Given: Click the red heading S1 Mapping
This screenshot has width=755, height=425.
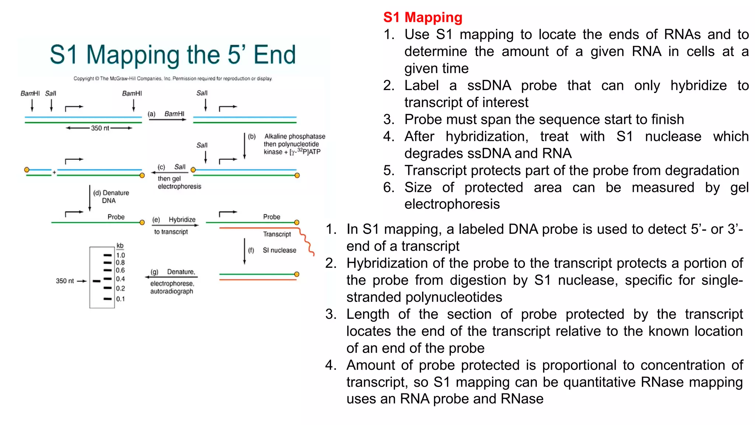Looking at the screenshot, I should point(422,17).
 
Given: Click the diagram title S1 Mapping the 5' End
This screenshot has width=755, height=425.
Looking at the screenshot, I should point(173,55).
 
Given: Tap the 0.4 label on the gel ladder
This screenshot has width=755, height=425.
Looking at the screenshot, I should point(120,279).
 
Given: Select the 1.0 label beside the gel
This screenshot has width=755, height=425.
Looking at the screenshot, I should point(121,255).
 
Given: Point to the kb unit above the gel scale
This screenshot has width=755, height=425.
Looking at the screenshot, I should point(120,246).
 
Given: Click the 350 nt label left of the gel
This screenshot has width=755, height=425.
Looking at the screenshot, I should point(65,281).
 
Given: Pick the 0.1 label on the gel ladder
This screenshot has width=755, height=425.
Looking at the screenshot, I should point(120,299).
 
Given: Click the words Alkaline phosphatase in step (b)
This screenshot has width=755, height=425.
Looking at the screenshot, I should point(295,137).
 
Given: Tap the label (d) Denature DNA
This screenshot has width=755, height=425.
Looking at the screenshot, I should point(111,197).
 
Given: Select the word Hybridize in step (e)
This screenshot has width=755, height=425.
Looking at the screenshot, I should point(182,220).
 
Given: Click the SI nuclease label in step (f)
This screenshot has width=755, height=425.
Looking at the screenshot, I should point(279,250).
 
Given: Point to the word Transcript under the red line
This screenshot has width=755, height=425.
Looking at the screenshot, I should point(277,234).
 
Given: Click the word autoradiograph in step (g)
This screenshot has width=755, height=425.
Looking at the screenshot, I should point(171,291).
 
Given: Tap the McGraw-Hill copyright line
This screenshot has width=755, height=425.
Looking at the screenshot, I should point(173,79).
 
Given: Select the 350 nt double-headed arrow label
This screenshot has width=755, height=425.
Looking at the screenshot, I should point(100,128).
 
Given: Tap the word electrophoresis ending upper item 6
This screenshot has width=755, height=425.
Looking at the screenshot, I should point(452,204).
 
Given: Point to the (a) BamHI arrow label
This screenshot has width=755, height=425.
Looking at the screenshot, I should point(167,114).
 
